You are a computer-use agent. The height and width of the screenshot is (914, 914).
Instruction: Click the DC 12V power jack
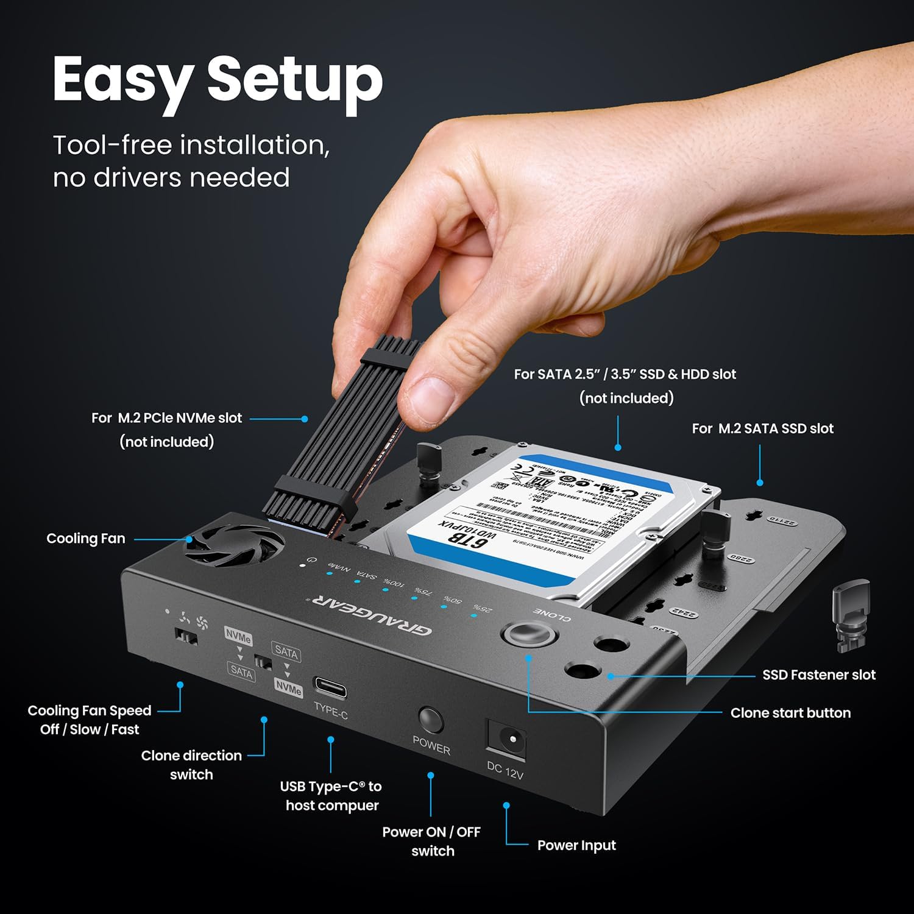pos(506,739)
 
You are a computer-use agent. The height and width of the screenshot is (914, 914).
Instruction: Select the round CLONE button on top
pos(529,634)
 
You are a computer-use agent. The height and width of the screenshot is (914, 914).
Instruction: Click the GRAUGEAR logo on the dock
pos(372,615)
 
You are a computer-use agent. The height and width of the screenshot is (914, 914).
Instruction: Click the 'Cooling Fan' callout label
pos(86,539)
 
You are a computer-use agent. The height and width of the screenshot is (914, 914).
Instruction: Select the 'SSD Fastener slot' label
pos(818,675)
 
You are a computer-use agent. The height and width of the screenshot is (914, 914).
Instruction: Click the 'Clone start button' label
pos(790,713)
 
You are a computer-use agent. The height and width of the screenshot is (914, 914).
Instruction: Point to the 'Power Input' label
pos(576,846)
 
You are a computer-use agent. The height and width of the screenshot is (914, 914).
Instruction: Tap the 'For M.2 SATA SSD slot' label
pos(762,429)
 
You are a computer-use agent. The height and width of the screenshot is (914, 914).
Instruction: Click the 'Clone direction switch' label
pos(191,765)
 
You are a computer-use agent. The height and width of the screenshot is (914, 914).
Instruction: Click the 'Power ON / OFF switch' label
pos(431,841)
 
